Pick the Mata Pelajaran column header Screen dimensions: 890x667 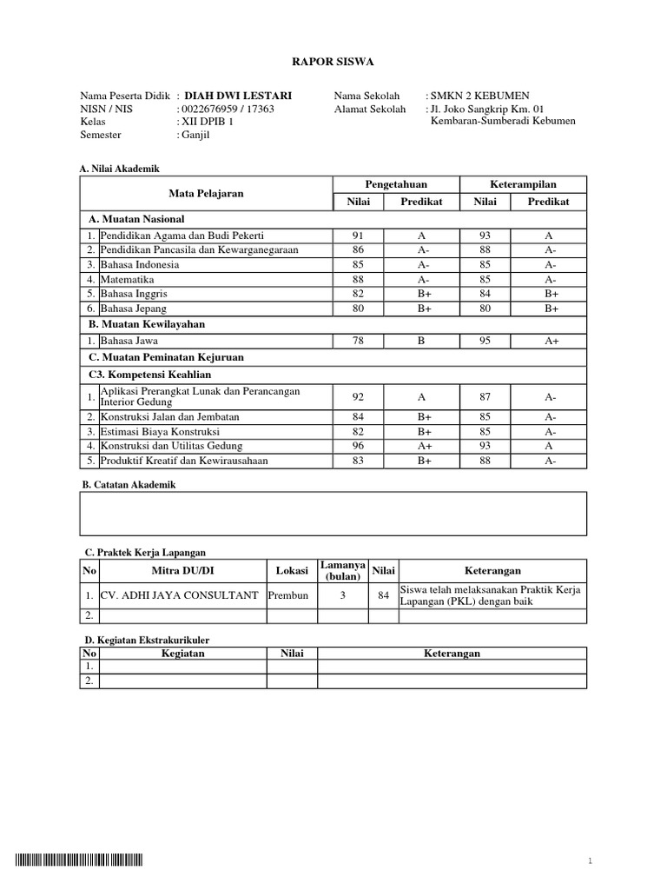206,193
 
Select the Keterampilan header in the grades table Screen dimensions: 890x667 524,184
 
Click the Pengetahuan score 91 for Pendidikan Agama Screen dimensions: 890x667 359,236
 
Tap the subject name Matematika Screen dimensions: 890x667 128,279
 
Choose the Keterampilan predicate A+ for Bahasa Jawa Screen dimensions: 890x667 551,342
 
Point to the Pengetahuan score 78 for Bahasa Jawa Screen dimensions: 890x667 359,342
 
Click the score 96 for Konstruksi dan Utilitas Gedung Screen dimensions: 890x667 359,446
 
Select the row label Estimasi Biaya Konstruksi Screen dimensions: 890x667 160,432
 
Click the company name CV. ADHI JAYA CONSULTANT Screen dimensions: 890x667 180,595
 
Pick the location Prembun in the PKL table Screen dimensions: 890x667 288,595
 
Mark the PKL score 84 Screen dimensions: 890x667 383,595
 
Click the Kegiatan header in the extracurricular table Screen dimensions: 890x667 182,654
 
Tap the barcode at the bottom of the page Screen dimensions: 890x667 78,860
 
